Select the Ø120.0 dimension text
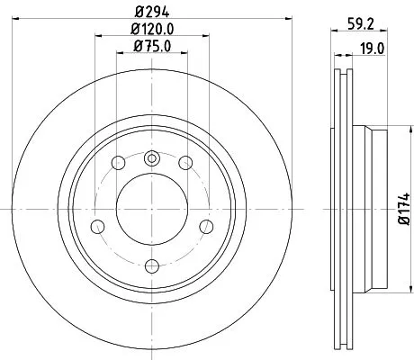pos(151,30)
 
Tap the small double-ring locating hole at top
pos(151,159)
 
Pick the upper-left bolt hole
pos(118,163)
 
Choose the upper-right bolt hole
pos(184,163)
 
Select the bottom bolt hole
pos(151,265)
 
